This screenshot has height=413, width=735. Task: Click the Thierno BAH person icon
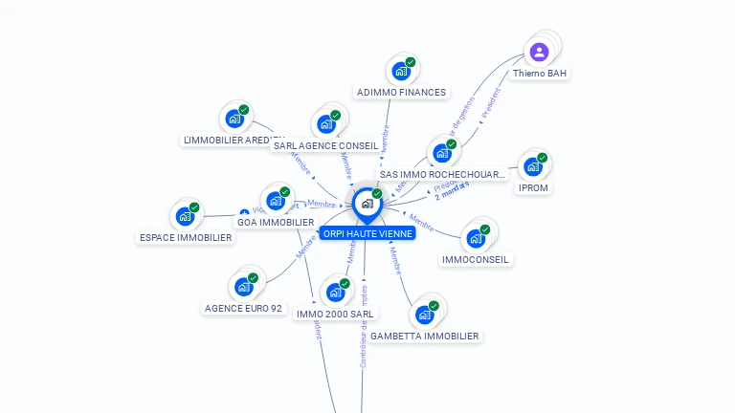[539, 52]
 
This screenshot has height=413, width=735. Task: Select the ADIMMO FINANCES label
[401, 93]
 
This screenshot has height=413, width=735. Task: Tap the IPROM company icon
[532, 166]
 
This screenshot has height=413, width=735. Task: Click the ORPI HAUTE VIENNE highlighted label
[367, 233]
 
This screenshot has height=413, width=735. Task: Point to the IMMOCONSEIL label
[476, 259]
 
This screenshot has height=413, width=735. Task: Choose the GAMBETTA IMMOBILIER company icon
[424, 314]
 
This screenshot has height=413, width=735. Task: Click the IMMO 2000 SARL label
[336, 314]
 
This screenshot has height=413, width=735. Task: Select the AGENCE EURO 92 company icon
[243, 286]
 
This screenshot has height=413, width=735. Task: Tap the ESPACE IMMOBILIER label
[186, 237]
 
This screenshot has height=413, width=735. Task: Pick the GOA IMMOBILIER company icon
[276, 201]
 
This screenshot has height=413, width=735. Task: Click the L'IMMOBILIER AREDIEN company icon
[234, 120]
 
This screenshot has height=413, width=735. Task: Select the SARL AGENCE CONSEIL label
[325, 146]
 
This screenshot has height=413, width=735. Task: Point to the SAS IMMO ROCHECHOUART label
[442, 175]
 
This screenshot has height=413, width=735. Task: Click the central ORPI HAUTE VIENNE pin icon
[367, 204]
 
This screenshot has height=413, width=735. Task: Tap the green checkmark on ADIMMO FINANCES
[411, 62]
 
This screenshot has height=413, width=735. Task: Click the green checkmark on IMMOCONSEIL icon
[485, 229]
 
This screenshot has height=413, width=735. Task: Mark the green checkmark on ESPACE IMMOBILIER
[194, 207]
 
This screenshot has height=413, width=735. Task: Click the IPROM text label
[533, 188]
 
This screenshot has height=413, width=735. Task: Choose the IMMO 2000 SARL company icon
[335, 292]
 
